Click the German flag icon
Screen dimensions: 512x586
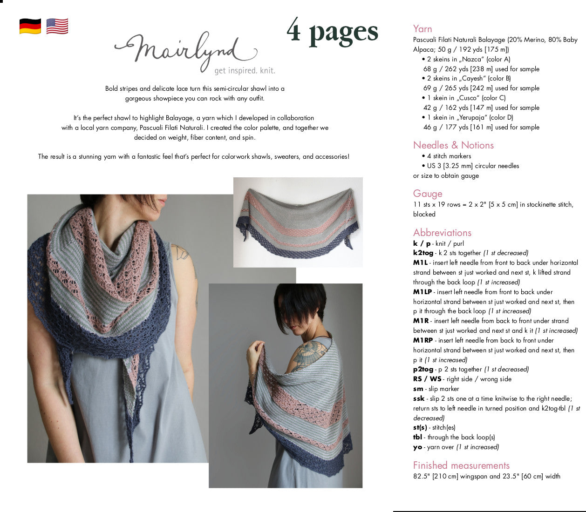coord(30,26)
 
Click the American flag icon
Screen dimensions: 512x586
coord(57,26)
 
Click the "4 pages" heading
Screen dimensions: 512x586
coord(332,32)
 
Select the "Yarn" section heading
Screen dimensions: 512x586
coord(422,29)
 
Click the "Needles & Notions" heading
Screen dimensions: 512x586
coord(453,145)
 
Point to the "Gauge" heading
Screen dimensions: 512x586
coord(428,194)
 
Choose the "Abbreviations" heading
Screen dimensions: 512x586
coord(442,233)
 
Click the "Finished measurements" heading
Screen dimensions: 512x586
coord(461,465)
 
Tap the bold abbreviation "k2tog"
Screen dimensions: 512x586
coord(423,253)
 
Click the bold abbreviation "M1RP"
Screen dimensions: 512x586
coord(423,340)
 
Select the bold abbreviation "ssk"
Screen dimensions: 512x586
coord(419,398)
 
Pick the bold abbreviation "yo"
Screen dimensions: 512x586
coord(417,447)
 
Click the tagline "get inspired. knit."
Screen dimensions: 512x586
coord(245,71)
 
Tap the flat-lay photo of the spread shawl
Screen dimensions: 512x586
coord(298,222)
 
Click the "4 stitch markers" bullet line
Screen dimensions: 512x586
coord(449,156)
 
